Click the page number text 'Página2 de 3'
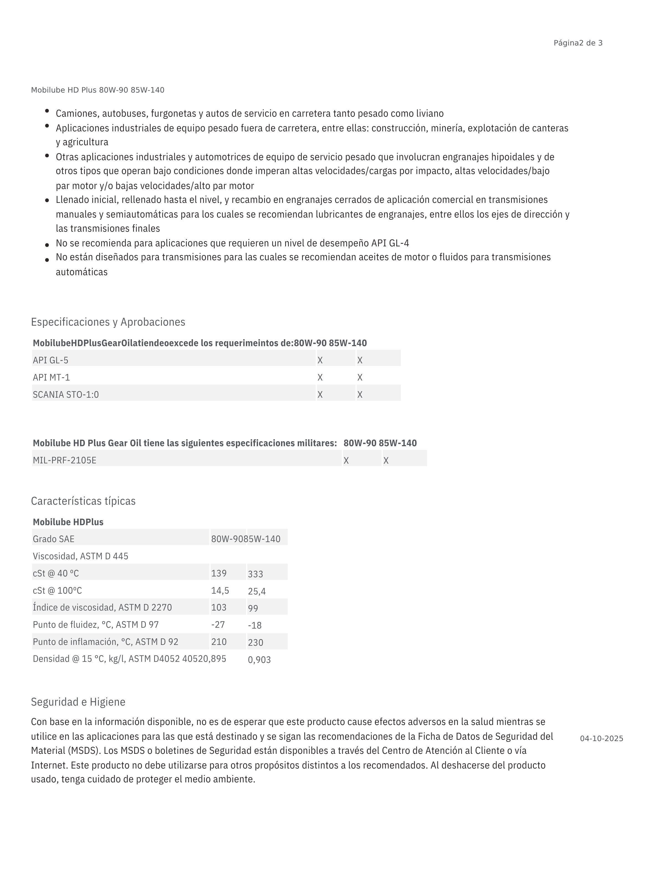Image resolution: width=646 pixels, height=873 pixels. click(578, 43)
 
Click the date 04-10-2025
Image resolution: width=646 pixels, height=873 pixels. click(601, 739)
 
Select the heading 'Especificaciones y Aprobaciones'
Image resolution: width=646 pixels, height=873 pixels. click(108, 322)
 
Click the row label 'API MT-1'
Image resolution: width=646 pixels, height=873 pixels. click(51, 377)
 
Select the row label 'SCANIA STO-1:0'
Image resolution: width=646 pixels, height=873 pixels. click(66, 394)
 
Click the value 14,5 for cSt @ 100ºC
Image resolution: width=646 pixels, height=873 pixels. click(220, 590)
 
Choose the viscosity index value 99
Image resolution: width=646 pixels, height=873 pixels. click(253, 608)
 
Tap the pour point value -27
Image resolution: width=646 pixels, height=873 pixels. click(218, 624)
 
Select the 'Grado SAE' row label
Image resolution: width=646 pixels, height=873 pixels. click(53, 539)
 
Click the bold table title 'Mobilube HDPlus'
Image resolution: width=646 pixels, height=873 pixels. click(68, 522)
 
